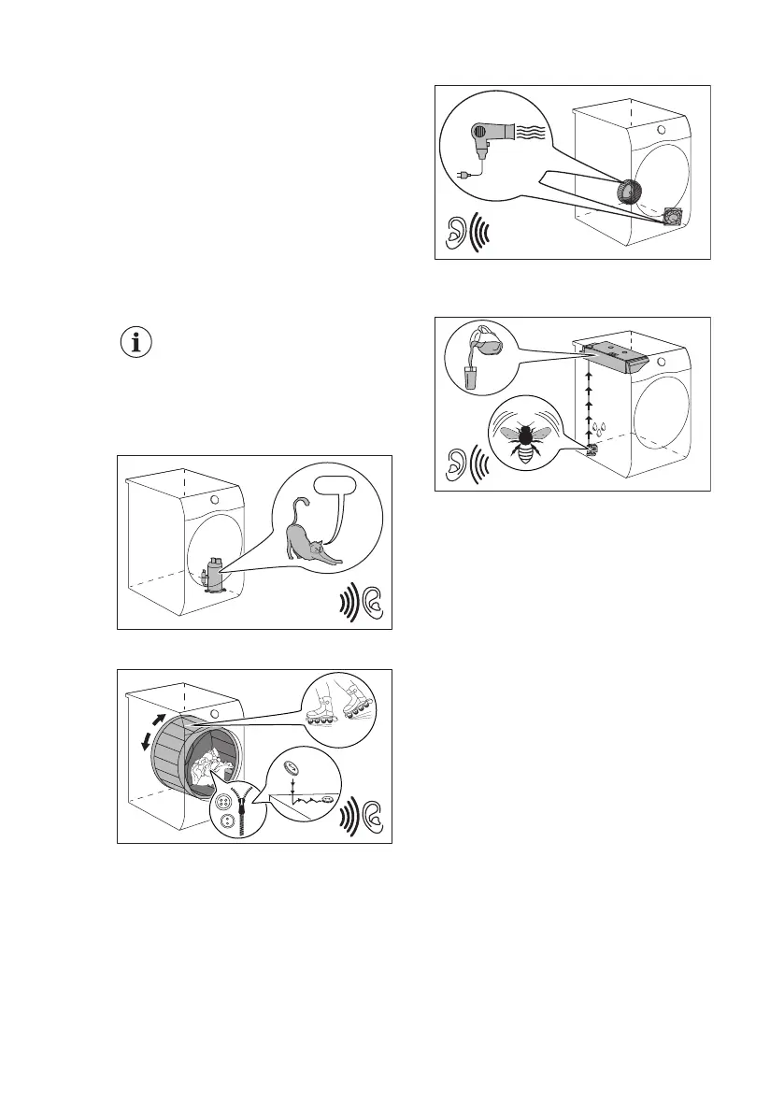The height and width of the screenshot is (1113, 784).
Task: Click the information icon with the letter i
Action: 138,342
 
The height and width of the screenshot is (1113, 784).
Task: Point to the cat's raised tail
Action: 298,515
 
